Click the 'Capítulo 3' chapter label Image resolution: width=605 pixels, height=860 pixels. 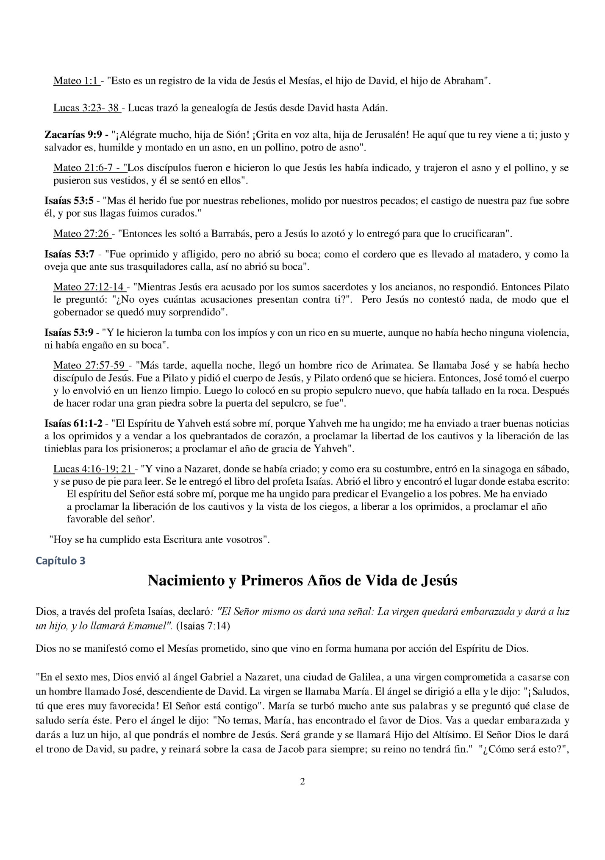[61, 561]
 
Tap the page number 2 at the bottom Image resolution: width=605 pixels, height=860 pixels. [302, 781]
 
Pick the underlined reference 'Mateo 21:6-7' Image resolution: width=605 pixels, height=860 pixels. [89, 168]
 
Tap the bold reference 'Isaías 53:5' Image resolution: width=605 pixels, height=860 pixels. [69, 201]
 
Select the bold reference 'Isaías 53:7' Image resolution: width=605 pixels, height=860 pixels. [69, 254]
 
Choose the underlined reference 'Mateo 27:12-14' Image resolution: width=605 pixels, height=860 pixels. [89, 287]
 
